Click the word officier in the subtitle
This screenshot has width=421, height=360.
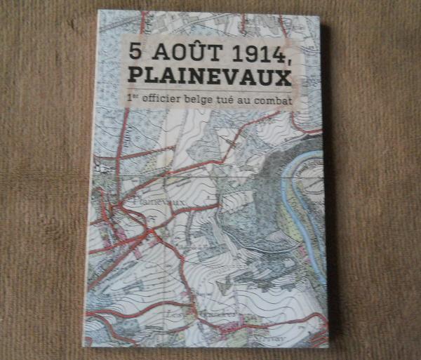(x=168, y=100)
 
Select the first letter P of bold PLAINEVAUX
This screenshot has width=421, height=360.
(x=135, y=75)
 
